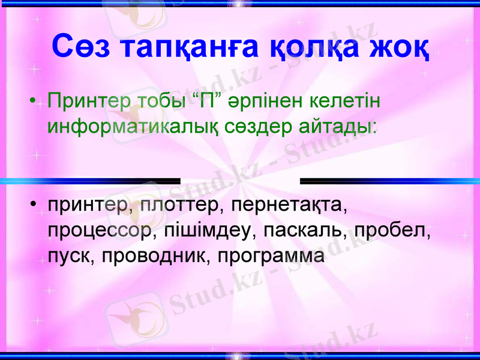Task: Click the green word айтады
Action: click(340, 127)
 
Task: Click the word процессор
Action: click(98, 231)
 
